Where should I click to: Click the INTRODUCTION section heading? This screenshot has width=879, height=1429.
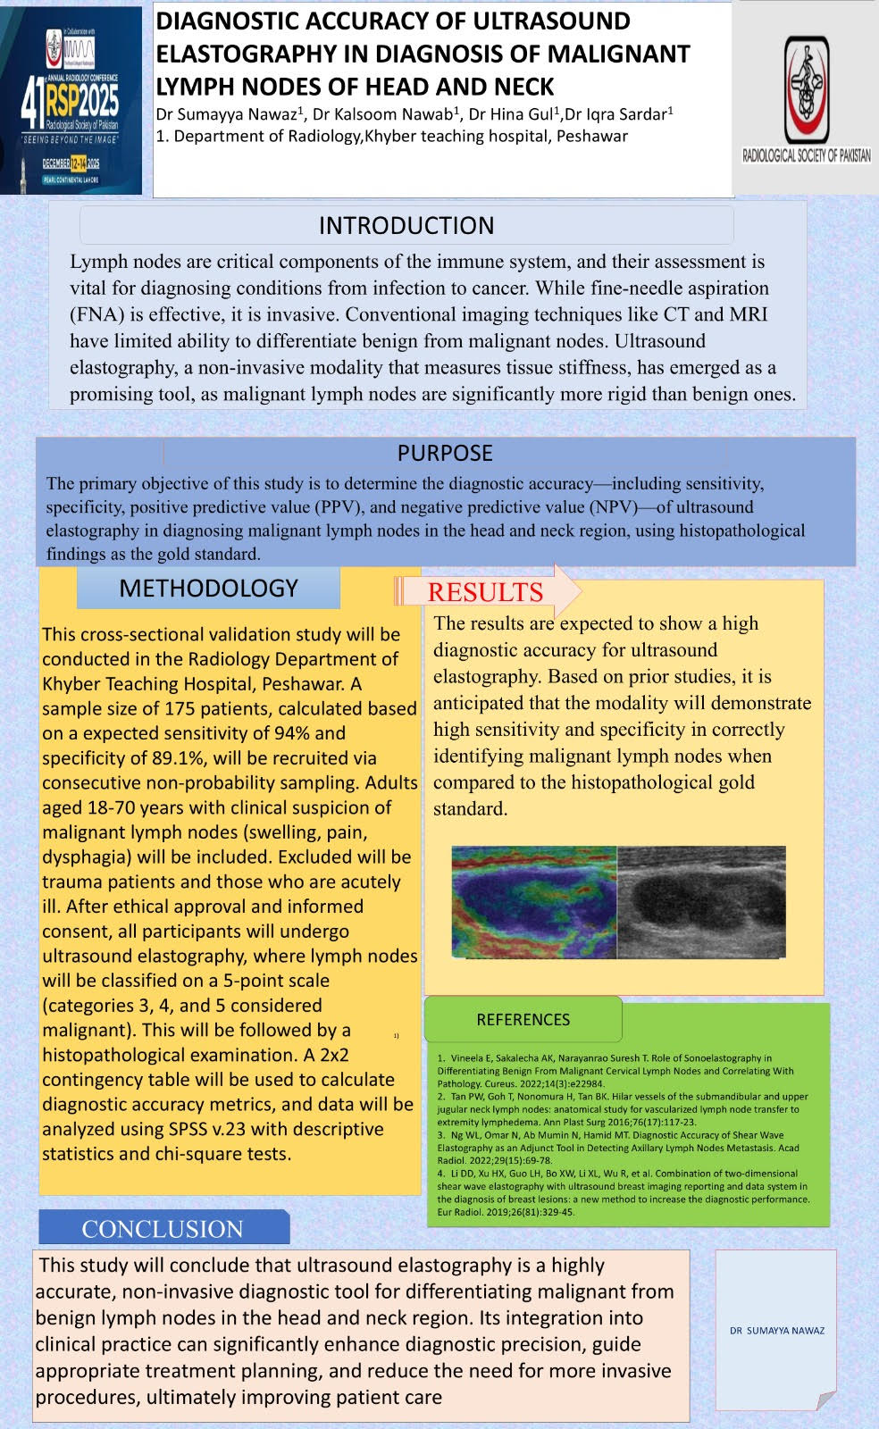tap(406, 225)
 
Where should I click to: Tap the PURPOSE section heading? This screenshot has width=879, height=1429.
tap(445, 453)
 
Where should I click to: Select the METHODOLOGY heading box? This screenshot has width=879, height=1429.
tap(208, 588)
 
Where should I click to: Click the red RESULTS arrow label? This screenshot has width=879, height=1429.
tap(485, 592)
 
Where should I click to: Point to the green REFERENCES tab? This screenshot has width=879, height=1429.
tap(523, 1019)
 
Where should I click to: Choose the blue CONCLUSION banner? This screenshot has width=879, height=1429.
tap(163, 1229)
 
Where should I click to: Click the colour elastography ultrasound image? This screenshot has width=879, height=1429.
tap(533, 902)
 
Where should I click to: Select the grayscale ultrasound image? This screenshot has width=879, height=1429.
tap(701, 902)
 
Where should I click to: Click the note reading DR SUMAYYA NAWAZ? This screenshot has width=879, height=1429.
tap(776, 1330)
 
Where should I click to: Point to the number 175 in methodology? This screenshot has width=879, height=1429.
tap(182, 708)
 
